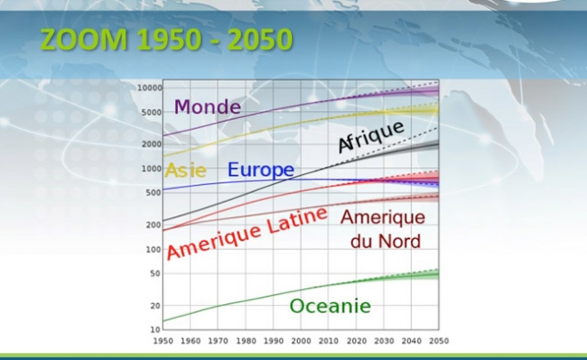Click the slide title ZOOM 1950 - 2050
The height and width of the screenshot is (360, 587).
166,40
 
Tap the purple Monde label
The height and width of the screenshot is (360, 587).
207,107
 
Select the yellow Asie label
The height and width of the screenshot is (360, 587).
186,171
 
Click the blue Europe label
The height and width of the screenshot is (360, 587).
261,170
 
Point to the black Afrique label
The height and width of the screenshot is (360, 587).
371,137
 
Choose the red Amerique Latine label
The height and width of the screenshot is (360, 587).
247,233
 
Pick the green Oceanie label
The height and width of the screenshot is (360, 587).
330,306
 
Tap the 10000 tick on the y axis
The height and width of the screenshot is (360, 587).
149,88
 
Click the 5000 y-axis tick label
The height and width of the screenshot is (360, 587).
151,112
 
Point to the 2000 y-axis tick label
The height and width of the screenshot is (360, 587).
151,144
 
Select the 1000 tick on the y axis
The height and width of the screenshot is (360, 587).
151,169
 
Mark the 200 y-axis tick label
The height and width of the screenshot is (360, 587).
154,225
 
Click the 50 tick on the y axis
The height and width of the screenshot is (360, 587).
156,274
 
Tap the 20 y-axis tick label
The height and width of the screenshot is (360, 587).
156,306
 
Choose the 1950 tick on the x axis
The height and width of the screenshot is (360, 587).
164,341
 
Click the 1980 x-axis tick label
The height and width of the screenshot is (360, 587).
246,341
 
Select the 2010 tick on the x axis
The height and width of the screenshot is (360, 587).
329,341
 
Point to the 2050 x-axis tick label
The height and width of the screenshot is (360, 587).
438,341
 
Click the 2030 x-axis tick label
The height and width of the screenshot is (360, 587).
383,341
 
